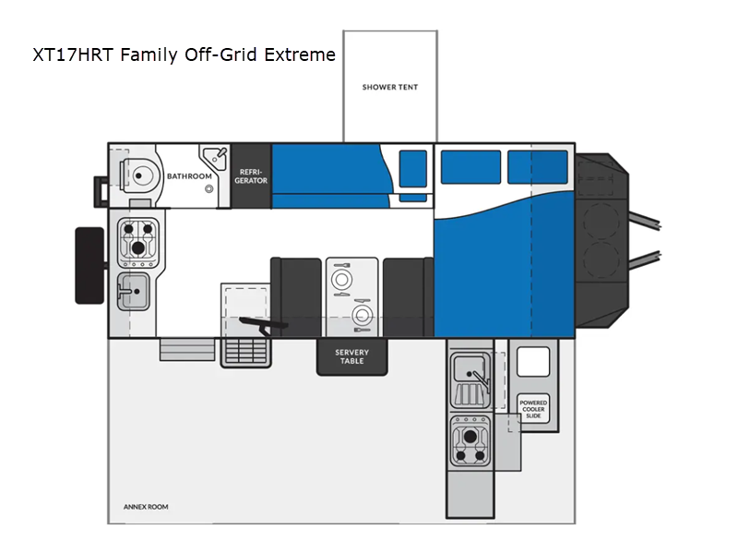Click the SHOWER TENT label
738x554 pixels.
click(x=389, y=87)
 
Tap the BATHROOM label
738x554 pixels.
click(x=189, y=176)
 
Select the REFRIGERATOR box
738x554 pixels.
click(x=251, y=175)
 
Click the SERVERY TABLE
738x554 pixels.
click(x=352, y=356)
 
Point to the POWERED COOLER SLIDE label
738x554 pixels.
click(x=533, y=409)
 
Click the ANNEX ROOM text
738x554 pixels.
click(x=146, y=507)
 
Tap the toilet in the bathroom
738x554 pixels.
click(x=136, y=176)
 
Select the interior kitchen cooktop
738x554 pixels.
click(x=137, y=241)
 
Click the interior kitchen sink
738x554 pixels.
click(x=133, y=291)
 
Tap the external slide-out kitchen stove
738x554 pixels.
click(x=470, y=441)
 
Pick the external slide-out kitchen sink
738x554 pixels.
click(x=470, y=380)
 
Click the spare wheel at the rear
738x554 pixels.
click(x=89, y=266)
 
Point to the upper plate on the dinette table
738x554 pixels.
click(x=341, y=280)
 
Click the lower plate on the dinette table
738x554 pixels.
click(x=362, y=315)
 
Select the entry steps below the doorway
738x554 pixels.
click(x=187, y=350)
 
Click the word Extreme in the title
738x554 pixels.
click(x=300, y=54)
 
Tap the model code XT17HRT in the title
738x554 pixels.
click(x=73, y=54)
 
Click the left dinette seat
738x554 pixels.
click(x=296, y=297)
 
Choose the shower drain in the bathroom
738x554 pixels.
click(x=208, y=189)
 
